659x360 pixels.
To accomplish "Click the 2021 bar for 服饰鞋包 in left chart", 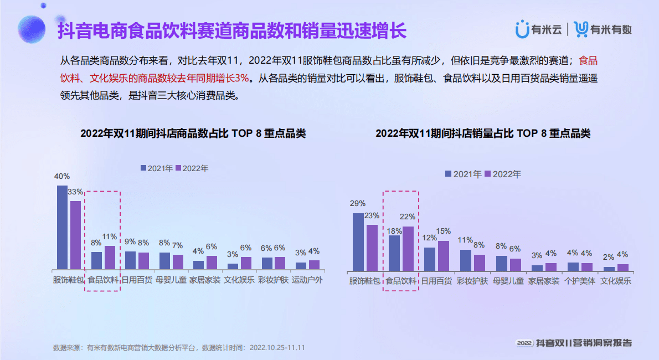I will [62, 227].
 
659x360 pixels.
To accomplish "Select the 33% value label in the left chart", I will [75, 192].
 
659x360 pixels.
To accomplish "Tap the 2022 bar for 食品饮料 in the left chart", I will [110, 258].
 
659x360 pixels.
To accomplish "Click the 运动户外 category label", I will [307, 280].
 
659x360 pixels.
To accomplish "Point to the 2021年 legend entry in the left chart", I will [157, 168].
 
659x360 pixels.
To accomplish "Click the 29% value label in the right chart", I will [358, 204].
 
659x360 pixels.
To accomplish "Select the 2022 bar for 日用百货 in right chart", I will [444, 256].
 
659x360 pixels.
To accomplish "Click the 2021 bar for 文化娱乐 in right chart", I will [609, 269].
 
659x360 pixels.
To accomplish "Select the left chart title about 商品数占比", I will [193, 133].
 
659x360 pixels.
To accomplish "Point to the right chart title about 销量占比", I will [483, 133].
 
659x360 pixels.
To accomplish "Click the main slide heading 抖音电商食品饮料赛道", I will [233, 30].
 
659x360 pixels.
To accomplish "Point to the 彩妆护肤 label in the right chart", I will [472, 281].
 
